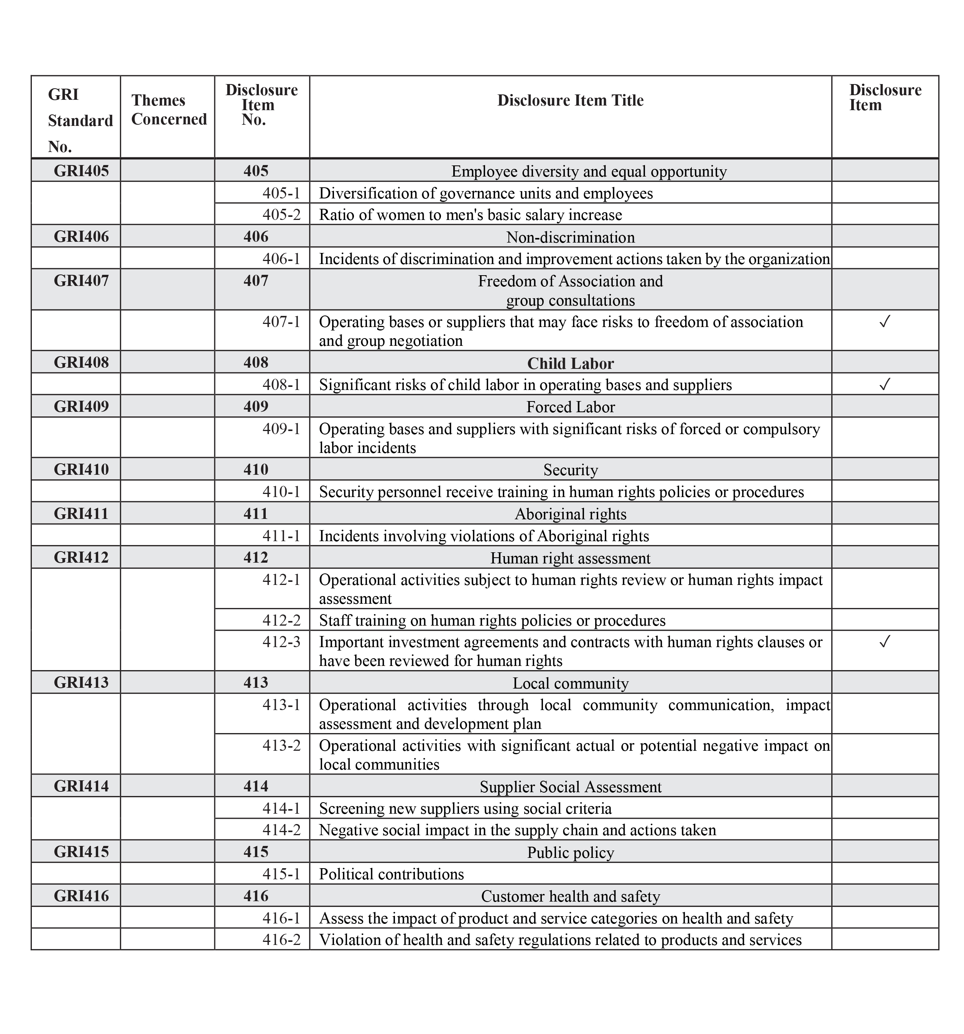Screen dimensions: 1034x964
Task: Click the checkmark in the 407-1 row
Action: [885, 322]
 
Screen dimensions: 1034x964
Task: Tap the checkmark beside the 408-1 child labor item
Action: [885, 384]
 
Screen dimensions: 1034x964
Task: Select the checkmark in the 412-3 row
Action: [885, 641]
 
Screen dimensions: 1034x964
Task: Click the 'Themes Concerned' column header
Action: [168, 110]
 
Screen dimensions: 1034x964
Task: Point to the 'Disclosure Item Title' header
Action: [570, 101]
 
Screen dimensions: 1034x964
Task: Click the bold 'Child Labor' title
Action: [570, 363]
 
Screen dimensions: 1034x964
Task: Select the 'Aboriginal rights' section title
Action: [570, 514]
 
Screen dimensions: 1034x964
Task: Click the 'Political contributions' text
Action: [392, 874]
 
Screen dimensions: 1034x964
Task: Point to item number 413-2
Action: [281, 745]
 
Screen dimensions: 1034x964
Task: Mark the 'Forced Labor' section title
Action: [570, 407]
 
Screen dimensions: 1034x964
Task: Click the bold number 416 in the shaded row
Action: [256, 896]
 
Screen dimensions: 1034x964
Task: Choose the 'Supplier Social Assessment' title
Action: [570, 786]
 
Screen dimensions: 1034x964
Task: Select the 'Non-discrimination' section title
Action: [570, 237]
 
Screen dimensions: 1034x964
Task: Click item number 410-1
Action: [281, 492]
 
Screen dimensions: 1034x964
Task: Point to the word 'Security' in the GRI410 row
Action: [570, 470]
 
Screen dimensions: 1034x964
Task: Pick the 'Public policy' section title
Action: [570, 852]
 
